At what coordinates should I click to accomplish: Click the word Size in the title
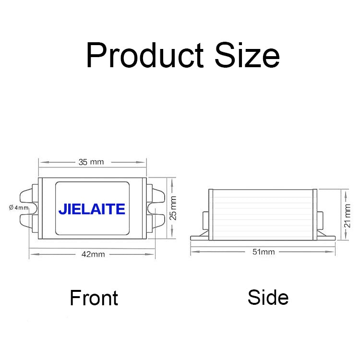[x=247, y=55]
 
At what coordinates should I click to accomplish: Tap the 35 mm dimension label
[x=91, y=162]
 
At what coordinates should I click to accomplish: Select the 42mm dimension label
[x=93, y=254]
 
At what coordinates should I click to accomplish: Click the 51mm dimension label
[x=264, y=252]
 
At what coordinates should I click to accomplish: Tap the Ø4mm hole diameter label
[x=19, y=207]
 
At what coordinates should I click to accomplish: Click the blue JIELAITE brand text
[x=92, y=209]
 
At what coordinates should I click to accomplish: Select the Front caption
[x=94, y=298]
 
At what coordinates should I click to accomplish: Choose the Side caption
[x=268, y=298]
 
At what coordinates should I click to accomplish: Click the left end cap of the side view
[x=210, y=214]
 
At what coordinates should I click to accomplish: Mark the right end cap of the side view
[x=315, y=214]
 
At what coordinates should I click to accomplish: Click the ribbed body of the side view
[x=263, y=213]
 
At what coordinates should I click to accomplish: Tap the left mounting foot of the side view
[x=198, y=237]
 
